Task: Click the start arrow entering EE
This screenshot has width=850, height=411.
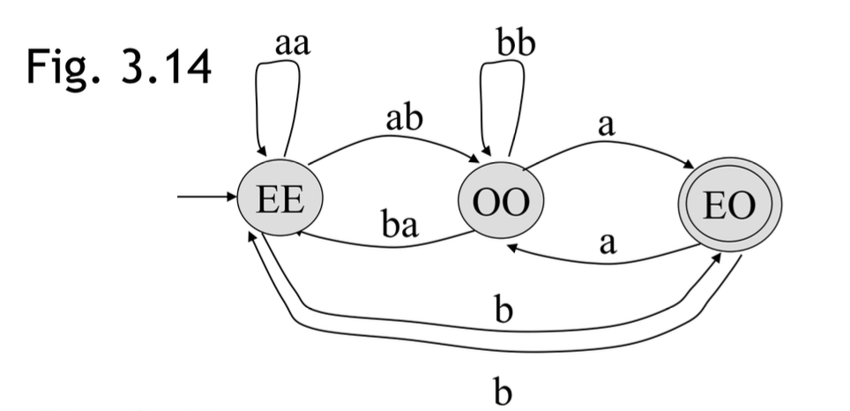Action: (208, 197)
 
